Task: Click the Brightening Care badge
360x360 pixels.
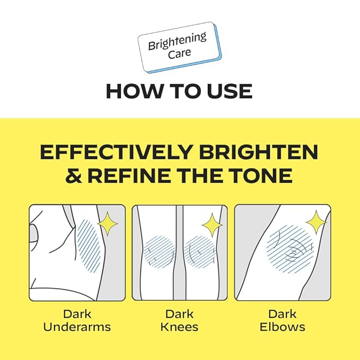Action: tap(179, 48)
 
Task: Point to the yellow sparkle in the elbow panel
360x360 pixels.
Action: tap(317, 222)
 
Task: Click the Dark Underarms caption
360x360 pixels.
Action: tap(77, 320)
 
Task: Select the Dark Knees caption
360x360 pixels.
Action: tap(179, 320)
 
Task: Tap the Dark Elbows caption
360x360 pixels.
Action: tap(282, 320)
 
